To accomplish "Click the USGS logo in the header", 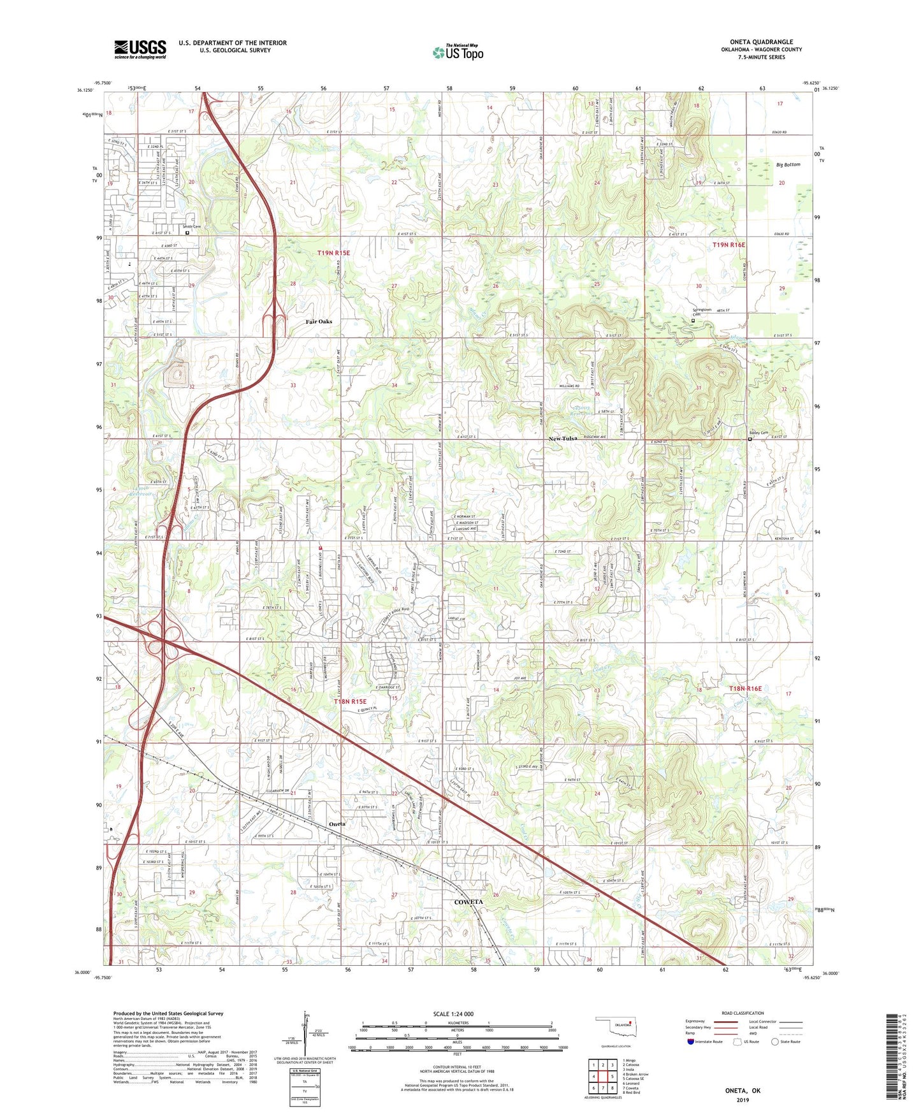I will [140, 49].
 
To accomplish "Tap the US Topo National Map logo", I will [458, 52].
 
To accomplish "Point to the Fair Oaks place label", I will [319, 322].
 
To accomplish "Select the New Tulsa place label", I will [563, 439].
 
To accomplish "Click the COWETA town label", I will [468, 902].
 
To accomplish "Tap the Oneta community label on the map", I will [337, 824].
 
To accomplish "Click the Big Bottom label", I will [788, 164].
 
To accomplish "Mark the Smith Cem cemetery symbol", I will [187, 233].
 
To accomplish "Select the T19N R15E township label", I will [333, 253].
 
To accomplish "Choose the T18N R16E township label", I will [745, 688].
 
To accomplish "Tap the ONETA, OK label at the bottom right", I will [743, 1091].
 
